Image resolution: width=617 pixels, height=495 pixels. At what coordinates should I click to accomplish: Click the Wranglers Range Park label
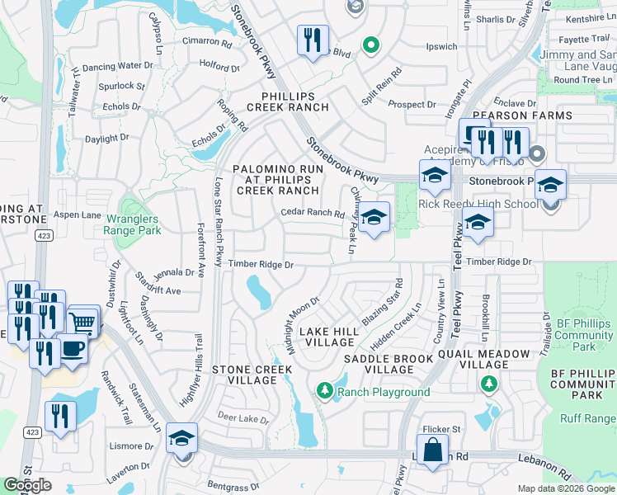(x=136, y=225)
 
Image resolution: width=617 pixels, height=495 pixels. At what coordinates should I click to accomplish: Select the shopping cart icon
(x=83, y=321)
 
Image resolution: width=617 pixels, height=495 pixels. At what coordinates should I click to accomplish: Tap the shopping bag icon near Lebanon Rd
(x=432, y=451)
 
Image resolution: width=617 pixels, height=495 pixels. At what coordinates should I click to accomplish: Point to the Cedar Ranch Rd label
(x=312, y=213)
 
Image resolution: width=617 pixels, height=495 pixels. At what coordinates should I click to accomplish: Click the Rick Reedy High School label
(x=478, y=204)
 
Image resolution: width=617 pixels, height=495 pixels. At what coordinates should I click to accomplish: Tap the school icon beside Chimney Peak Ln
(x=373, y=219)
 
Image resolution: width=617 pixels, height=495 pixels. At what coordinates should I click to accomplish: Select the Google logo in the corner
(x=27, y=485)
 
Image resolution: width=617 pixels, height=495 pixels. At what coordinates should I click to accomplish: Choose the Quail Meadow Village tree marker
(x=489, y=384)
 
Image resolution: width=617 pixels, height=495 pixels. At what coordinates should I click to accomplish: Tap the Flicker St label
(x=441, y=429)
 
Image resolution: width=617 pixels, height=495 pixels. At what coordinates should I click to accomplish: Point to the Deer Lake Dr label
(x=243, y=419)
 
